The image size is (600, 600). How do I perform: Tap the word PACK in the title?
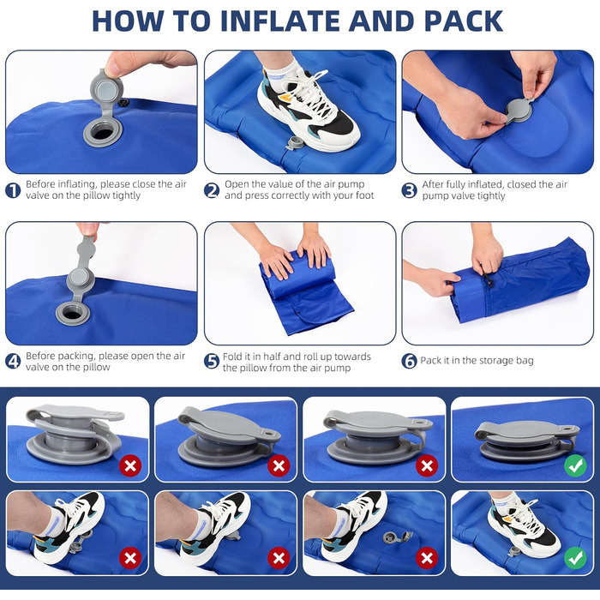464,21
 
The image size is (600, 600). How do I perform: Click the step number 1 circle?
13,190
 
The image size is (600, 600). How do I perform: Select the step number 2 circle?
212,190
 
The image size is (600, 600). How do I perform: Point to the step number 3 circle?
410,190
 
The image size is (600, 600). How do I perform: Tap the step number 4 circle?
13,361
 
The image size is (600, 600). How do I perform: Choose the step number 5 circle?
212,361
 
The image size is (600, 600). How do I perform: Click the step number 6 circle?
410,361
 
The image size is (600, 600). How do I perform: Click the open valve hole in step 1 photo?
103,134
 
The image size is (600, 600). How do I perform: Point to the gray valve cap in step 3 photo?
519,111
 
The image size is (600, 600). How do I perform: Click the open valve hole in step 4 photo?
73,315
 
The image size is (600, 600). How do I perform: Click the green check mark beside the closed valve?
575,465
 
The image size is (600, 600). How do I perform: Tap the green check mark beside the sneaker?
575,558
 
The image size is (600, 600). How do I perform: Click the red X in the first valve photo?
130,465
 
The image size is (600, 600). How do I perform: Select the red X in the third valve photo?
427,465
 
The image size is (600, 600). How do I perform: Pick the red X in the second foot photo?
279,558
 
